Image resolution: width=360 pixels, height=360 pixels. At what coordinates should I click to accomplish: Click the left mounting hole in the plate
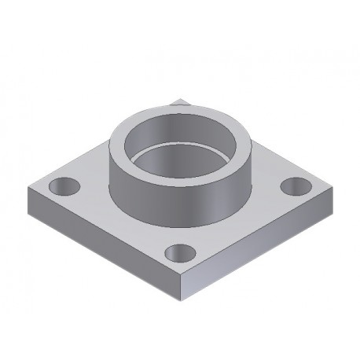coord(64,187)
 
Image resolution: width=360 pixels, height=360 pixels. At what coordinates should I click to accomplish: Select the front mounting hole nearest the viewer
coord(180,253)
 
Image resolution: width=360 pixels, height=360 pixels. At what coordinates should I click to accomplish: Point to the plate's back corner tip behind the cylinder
coord(179,99)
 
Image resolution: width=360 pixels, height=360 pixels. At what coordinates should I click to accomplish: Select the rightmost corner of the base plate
coord(333,189)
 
